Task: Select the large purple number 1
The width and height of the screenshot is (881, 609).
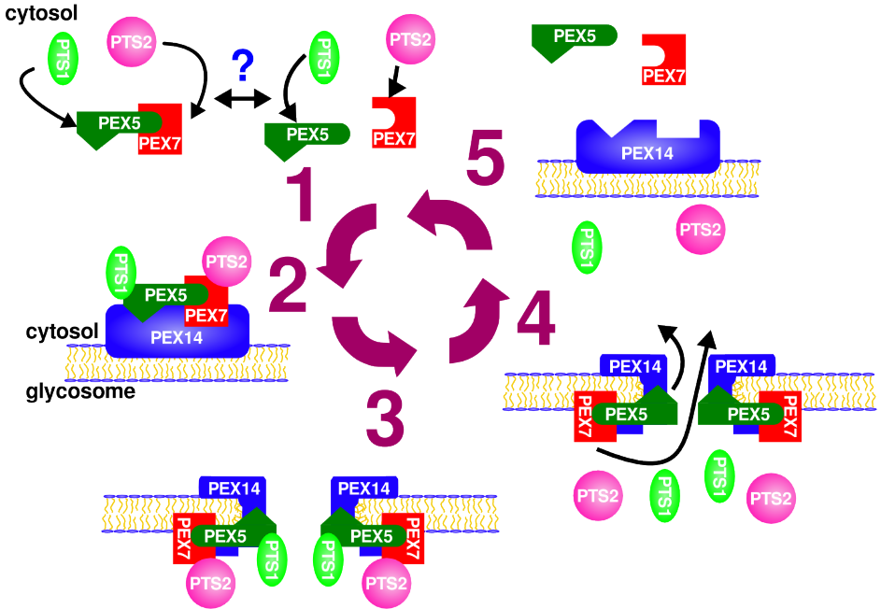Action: tap(300, 195)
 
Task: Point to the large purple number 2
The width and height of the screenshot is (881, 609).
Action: tap(287, 285)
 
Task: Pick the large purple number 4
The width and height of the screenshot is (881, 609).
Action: tap(535, 318)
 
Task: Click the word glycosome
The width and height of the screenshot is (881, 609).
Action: tap(80, 392)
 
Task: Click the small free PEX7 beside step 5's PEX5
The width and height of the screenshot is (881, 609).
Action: tap(663, 62)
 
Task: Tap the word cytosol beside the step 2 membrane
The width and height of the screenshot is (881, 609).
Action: tap(62, 332)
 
